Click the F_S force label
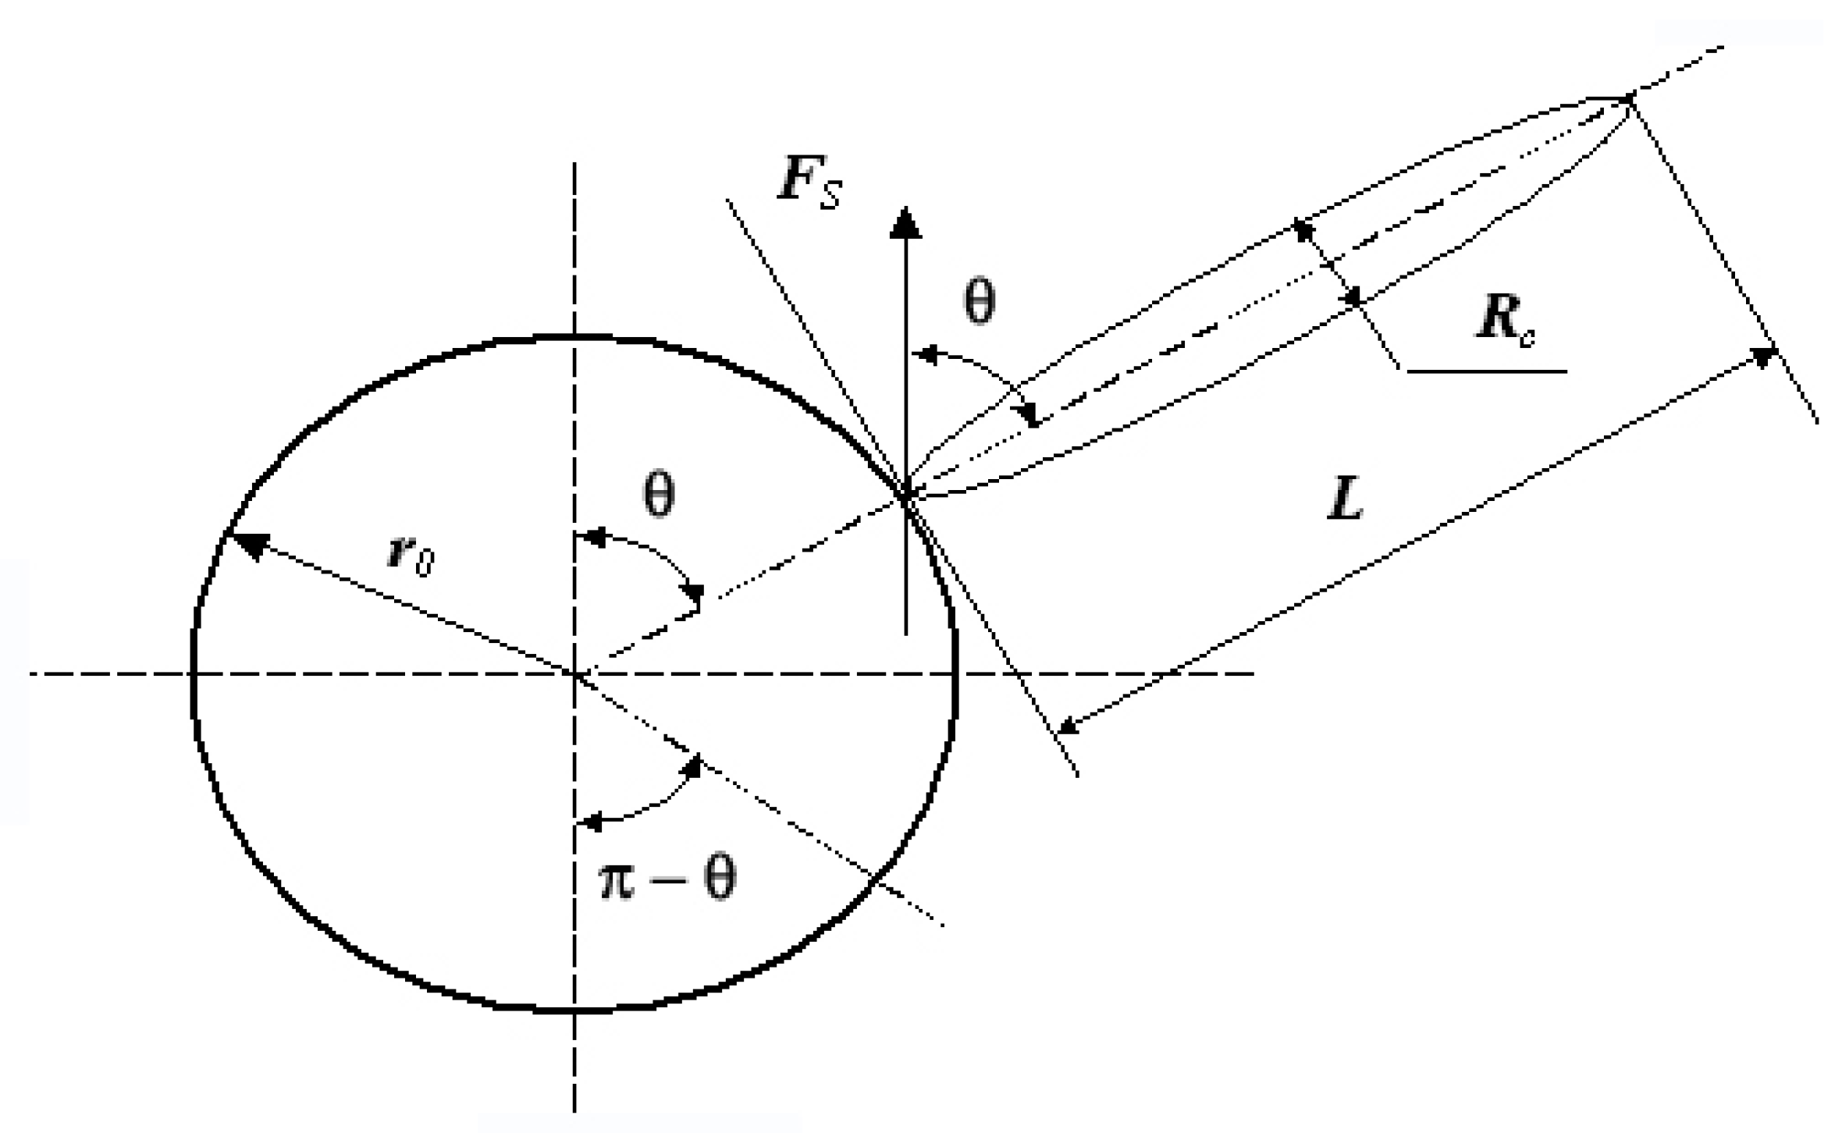(x=809, y=182)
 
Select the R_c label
(x=1505, y=321)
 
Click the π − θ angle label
(x=667, y=879)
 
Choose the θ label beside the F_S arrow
(x=979, y=302)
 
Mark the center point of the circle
(x=574, y=673)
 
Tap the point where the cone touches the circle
(x=906, y=495)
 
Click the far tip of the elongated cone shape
(x=1628, y=98)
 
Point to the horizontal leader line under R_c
(x=1486, y=371)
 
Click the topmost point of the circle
(x=574, y=338)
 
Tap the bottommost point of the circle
(x=574, y=1011)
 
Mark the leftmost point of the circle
(x=193, y=673)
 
